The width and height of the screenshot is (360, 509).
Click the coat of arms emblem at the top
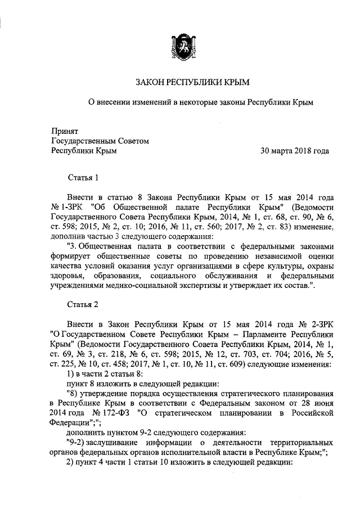coord(180,46)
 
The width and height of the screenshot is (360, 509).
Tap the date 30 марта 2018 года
coord(294,151)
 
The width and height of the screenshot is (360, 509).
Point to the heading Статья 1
coord(83,178)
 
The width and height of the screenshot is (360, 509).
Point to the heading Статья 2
coord(83,304)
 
